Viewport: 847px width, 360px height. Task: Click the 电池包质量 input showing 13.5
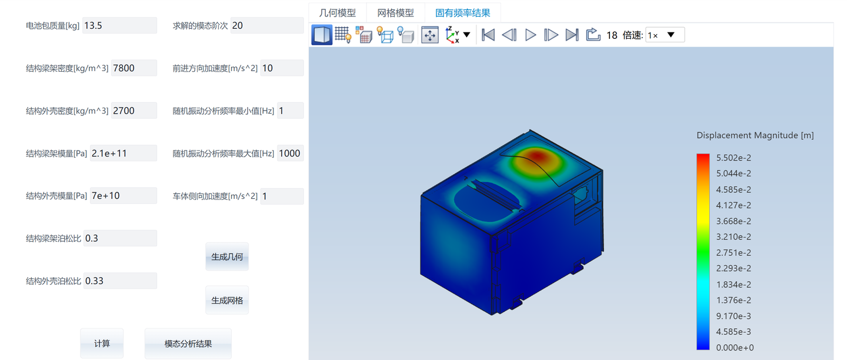pos(119,25)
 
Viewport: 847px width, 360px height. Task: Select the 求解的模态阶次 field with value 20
pos(267,25)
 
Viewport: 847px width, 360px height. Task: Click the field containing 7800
pos(134,68)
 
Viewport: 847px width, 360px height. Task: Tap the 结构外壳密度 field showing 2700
pos(134,111)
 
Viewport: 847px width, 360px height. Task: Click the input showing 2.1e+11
pos(124,153)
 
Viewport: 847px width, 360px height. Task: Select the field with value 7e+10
pos(124,195)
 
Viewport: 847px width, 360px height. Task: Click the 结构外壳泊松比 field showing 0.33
pos(120,281)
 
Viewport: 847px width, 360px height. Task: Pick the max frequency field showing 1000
pos(291,153)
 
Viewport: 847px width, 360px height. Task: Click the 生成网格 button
pos(227,300)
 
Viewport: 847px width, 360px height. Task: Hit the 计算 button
pos(102,344)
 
